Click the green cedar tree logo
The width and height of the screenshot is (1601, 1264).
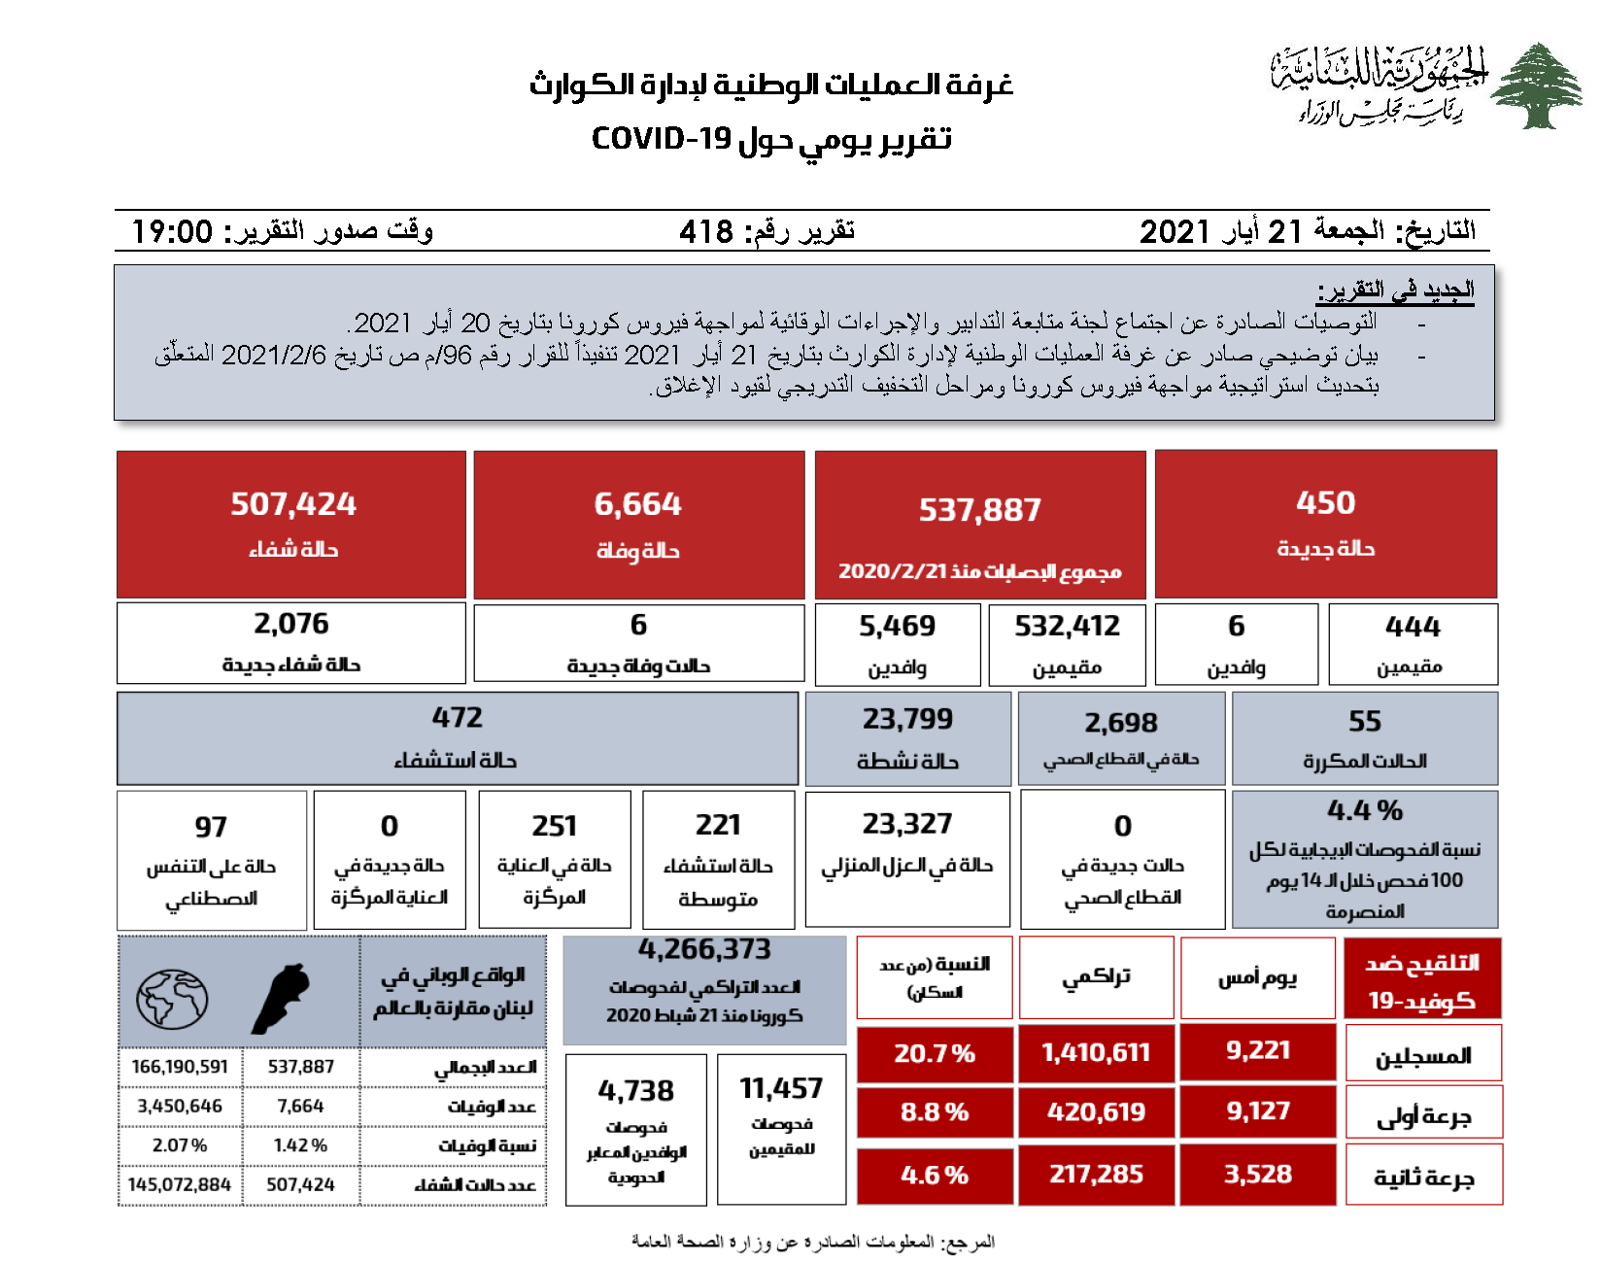1537,85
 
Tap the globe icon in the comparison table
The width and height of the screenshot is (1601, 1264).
172,1000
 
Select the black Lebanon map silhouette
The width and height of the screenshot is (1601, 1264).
282,999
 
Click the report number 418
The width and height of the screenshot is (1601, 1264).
706,231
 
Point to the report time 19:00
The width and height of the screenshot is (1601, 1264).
172,231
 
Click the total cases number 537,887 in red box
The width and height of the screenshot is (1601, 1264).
979,510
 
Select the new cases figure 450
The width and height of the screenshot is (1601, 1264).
1325,502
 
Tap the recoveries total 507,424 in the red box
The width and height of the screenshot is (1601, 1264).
292,504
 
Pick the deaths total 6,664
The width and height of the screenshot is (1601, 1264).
637,504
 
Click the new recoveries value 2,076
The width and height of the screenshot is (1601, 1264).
291,624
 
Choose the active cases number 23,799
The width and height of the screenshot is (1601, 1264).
907,719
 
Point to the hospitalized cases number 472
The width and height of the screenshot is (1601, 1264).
457,718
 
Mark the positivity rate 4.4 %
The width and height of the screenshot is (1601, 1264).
1364,810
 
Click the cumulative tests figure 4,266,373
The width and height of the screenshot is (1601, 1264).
704,949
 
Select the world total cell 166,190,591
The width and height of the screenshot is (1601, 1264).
180,1067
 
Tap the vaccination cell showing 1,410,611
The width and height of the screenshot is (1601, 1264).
1096,1053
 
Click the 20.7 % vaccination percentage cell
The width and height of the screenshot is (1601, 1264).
935,1053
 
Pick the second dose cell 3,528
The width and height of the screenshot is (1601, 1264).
1257,1174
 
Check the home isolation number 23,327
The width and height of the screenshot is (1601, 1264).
907,824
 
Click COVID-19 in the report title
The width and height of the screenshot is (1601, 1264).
661,139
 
